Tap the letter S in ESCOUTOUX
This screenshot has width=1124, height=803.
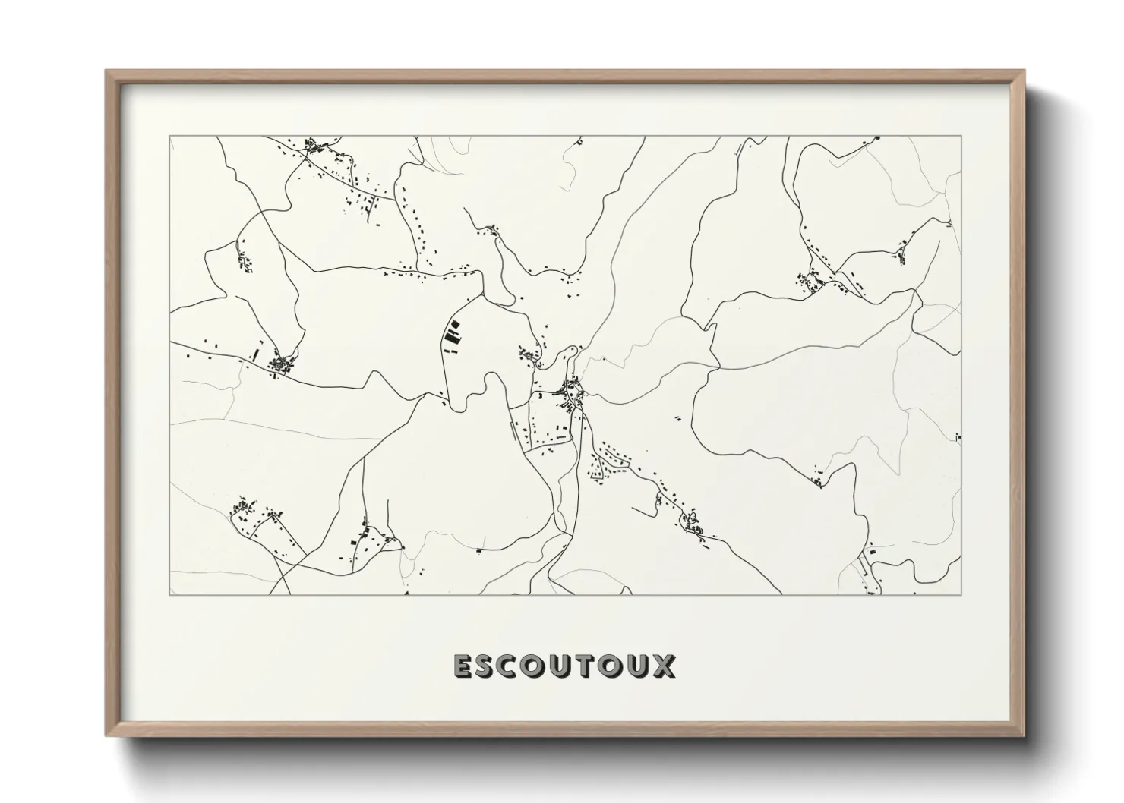click(x=488, y=666)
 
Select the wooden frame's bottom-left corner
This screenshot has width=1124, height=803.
click(x=106, y=735)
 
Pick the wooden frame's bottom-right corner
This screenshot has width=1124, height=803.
click(x=1025, y=735)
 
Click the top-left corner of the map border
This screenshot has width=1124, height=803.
click(x=170, y=137)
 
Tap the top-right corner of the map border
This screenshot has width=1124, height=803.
click(x=961, y=137)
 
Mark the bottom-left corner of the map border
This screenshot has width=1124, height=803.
click(x=170, y=595)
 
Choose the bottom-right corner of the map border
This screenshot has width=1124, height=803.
click(x=961, y=595)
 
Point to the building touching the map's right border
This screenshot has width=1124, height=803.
click(x=959, y=437)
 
